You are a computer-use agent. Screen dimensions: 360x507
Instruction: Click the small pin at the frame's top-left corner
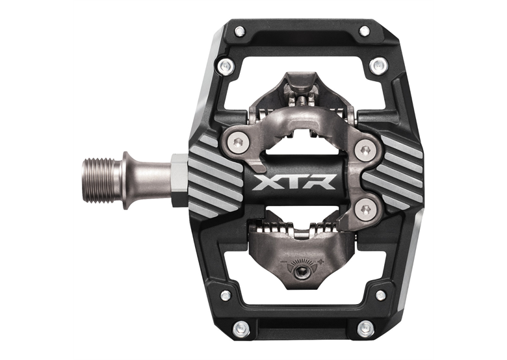239,30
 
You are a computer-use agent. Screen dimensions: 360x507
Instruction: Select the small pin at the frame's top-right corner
365,30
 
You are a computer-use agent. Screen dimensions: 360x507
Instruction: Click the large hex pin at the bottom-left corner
239,328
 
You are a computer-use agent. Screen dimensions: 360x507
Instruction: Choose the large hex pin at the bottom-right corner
365,328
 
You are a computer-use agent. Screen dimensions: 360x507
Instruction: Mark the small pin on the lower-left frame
226,295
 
